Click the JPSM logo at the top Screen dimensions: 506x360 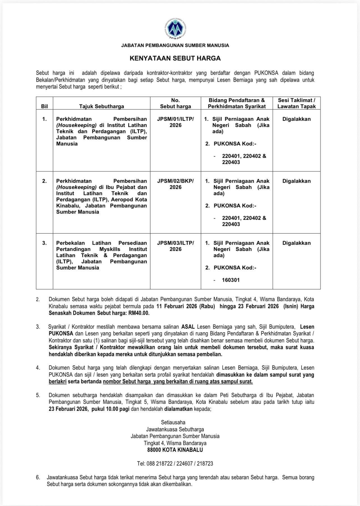tap(175, 29)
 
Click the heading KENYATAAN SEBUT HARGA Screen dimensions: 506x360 tap(175, 58)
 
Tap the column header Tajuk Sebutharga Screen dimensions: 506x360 tap(101, 106)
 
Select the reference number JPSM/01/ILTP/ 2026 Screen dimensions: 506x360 tap(176, 122)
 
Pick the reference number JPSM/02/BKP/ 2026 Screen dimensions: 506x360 tap(176, 184)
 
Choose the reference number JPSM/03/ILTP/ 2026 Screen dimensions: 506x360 tap(176, 246)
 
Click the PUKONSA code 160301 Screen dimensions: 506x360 tap(231, 280)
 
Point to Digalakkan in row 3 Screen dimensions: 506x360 tap(296, 243)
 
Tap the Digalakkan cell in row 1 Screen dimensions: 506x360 tap(296, 119)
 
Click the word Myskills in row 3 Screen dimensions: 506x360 tap(110, 249)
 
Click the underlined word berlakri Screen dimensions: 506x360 tap(57, 381)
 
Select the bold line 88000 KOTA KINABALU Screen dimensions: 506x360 tap(175, 450)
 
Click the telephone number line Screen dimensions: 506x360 tap(175, 464)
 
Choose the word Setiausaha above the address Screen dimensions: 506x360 tap(173, 422)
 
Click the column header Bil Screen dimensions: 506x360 tap(44, 106)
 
